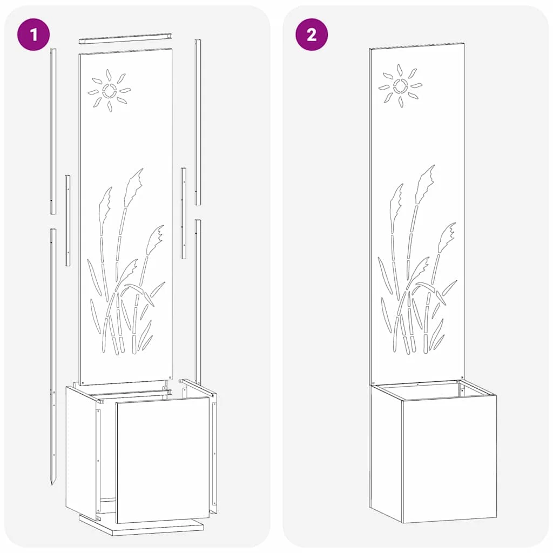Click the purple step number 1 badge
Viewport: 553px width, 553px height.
33,34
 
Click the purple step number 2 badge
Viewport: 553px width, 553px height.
312,34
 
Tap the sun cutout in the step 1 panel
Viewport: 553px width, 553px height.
109,91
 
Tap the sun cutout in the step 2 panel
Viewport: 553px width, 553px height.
400,86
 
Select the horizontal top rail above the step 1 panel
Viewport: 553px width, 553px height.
126,38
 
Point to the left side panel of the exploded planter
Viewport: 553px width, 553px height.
83,452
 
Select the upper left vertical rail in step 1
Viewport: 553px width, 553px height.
53,131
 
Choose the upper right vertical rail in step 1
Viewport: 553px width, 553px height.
198,122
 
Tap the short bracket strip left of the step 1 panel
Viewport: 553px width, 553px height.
68,220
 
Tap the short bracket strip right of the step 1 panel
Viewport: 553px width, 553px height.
184,213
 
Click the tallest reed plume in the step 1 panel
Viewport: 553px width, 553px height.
133,187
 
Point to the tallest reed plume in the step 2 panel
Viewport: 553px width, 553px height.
424,184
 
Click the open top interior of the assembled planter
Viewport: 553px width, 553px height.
433,390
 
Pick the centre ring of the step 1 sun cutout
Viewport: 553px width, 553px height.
109,91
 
